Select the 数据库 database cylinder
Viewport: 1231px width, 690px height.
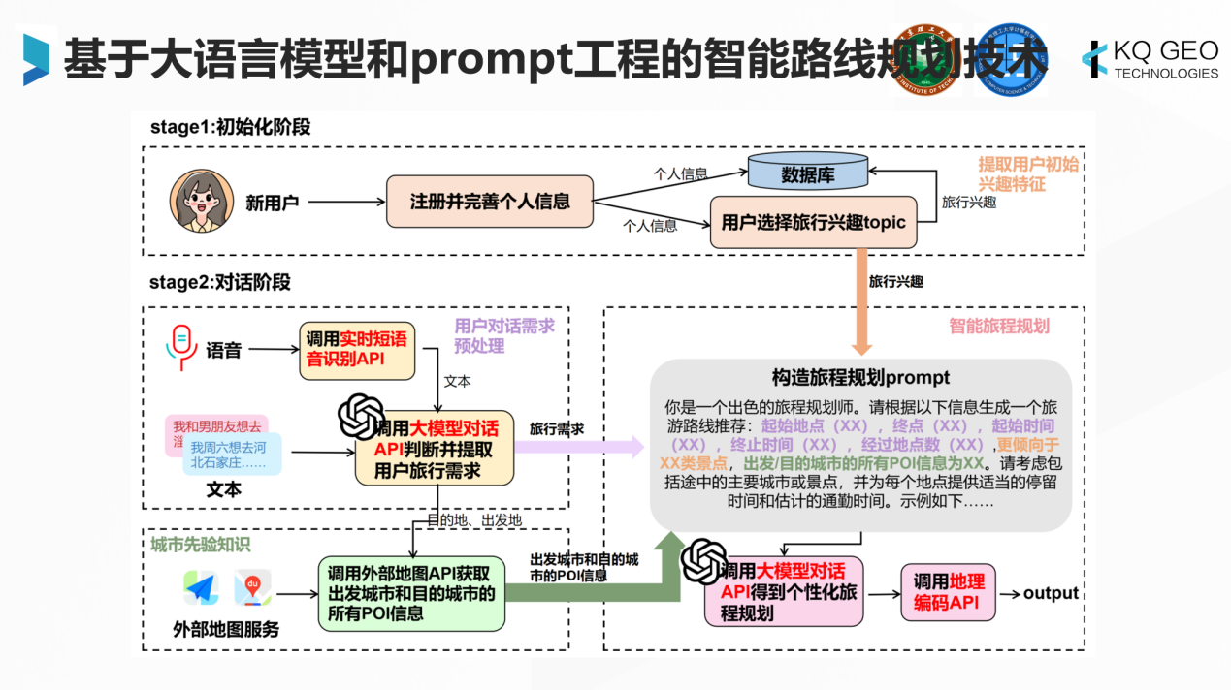(807, 174)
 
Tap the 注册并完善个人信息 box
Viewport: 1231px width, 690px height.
(489, 202)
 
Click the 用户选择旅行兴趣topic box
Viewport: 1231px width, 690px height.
(813, 222)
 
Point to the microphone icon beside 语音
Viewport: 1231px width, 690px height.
(180, 348)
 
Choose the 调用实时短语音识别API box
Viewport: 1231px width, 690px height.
(357, 350)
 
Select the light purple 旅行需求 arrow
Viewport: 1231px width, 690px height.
(587, 446)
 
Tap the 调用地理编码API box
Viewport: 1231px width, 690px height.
(948, 593)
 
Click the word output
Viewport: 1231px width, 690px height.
(1051, 593)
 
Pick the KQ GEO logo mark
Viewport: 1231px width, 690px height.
(1095, 59)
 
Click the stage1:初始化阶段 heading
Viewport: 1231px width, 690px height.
(230, 128)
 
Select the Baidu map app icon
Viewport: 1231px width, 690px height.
(252, 587)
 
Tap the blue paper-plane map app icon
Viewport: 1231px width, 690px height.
(201, 587)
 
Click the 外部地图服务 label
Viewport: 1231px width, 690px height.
(226, 630)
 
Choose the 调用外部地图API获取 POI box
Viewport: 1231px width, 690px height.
(411, 591)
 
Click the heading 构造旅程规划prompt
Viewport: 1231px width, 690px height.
(860, 377)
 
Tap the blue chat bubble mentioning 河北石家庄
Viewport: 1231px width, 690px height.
(233, 455)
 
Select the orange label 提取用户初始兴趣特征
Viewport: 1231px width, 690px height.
(1027, 173)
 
